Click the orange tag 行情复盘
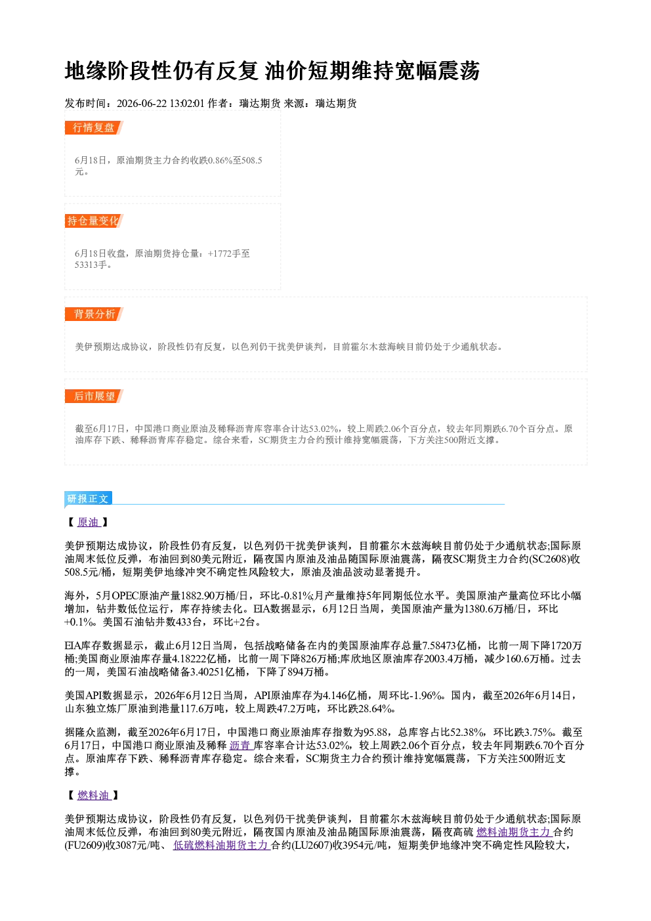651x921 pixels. click(94, 127)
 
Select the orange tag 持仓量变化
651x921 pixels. click(94, 221)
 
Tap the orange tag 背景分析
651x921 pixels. click(94, 314)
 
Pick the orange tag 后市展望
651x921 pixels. click(94, 396)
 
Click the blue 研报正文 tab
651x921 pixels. click(88, 498)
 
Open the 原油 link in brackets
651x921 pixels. click(89, 522)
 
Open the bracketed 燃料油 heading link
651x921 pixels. click(94, 795)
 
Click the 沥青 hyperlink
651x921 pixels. click(241, 746)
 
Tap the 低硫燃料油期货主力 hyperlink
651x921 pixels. click(221, 845)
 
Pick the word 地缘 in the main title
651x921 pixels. click(86, 71)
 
